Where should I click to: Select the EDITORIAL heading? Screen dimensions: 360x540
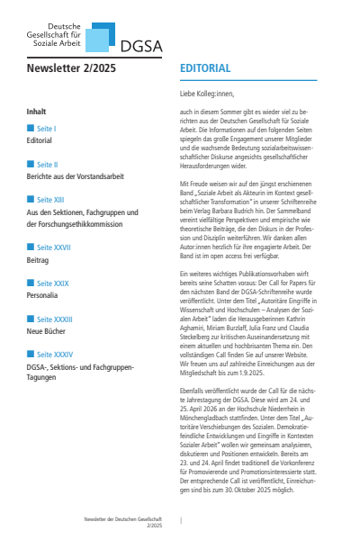[x=205, y=68]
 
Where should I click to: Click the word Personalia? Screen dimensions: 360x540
[x=45, y=294]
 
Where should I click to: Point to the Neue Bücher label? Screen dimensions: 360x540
[x=49, y=330]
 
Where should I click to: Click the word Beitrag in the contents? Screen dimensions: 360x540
[x=40, y=258]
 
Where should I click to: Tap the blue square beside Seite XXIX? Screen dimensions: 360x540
[x=31, y=283]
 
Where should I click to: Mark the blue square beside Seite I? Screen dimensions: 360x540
[x=31, y=129]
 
